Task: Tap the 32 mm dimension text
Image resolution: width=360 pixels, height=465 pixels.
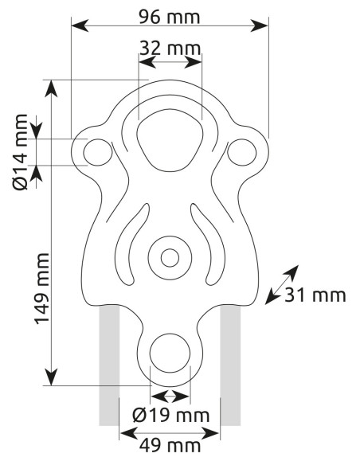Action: point(170,47)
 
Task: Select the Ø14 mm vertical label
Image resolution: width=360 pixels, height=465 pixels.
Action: point(22,151)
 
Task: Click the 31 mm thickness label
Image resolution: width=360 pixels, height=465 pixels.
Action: point(317,295)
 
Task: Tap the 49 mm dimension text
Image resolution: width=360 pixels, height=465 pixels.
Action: point(170,445)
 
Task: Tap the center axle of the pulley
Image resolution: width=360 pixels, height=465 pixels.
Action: point(169,257)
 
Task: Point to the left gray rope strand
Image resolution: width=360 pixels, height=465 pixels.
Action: point(109,366)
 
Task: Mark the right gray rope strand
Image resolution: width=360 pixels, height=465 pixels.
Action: point(230,366)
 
